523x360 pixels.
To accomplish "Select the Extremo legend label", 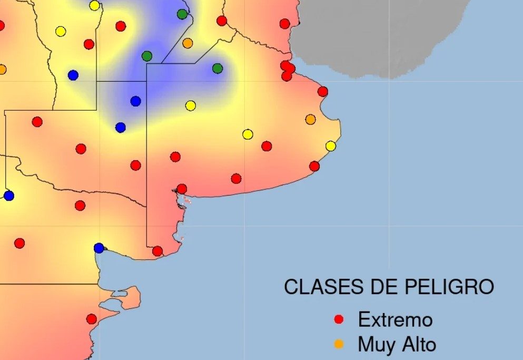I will pyautogui.click(x=395, y=319).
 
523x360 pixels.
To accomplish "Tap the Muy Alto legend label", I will pyautogui.click(x=397, y=344).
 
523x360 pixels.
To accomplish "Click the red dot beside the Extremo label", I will pyautogui.click(x=339, y=319).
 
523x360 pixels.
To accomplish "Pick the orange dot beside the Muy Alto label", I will pyautogui.click(x=339, y=344).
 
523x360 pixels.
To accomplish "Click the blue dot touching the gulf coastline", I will pyautogui.click(x=99, y=248).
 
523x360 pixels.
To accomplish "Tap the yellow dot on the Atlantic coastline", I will pyautogui.click(x=331, y=146).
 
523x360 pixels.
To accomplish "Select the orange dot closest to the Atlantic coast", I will pyautogui.click(x=311, y=120).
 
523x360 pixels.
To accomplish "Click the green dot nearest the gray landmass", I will pyautogui.click(x=218, y=68).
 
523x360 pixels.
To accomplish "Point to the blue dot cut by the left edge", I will pyautogui.click(x=8, y=196).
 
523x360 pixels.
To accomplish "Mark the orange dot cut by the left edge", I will pyautogui.click(x=2, y=69).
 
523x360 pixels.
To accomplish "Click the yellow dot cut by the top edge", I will pyautogui.click(x=94, y=5).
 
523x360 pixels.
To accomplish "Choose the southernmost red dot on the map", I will pyautogui.click(x=92, y=319).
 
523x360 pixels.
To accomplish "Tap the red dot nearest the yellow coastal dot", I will pyautogui.click(x=314, y=166).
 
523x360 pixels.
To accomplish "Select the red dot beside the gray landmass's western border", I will pyautogui.click(x=285, y=24).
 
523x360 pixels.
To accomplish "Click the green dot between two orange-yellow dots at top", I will pyautogui.click(x=182, y=14).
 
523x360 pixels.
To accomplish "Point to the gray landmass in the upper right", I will pyautogui.click(x=379, y=32).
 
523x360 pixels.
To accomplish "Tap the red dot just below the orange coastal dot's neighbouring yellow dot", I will pyautogui.click(x=267, y=146).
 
